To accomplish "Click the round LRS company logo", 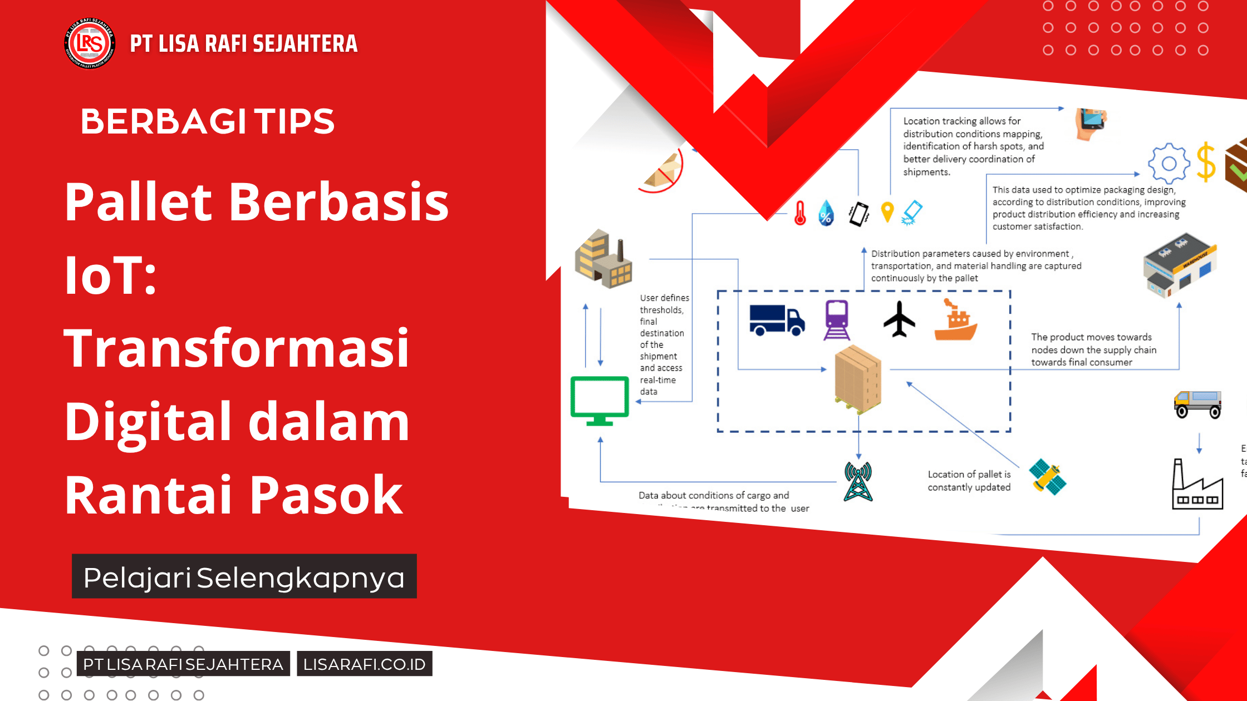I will point(90,43).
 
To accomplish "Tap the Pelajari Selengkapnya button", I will point(244,576).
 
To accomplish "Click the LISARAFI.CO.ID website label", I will point(364,664).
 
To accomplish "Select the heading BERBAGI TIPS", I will point(207,121).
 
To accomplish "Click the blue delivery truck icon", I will point(777,320).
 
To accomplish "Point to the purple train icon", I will point(837,320).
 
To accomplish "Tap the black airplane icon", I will point(899,319).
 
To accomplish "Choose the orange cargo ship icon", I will point(955,320).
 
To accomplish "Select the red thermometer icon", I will point(800,213).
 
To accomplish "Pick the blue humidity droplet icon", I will point(826,214).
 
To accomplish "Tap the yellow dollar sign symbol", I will point(1206,162).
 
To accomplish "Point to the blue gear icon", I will point(1169,163).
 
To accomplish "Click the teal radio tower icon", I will point(858,482).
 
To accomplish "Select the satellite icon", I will point(1047,477).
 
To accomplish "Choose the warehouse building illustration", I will point(1180,265).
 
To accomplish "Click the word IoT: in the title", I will point(111,275).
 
